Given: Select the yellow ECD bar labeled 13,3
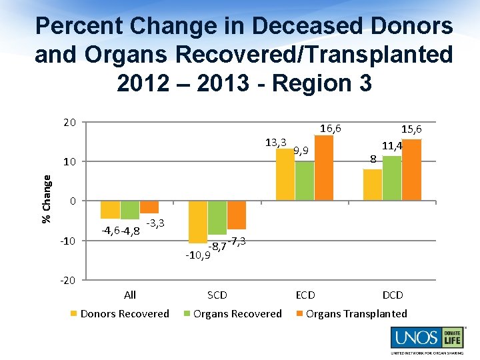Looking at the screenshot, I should (x=285, y=175).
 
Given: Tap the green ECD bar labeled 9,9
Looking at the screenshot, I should (x=305, y=181).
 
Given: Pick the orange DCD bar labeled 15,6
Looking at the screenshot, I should (x=411, y=170).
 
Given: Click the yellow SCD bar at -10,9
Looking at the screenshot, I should (x=198, y=222).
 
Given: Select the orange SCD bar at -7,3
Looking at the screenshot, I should (x=237, y=215).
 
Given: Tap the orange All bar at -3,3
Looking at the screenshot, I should (x=149, y=207).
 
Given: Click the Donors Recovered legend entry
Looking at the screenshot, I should (x=120, y=314).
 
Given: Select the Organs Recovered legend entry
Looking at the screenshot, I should (x=233, y=314).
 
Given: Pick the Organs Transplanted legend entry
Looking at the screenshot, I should (x=351, y=314).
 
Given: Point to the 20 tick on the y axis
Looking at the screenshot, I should (x=69, y=123).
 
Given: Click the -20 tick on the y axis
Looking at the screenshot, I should (x=67, y=280).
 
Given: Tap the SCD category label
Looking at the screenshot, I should (x=217, y=295).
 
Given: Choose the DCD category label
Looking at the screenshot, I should (x=393, y=295).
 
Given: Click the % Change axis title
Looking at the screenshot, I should (x=46, y=199).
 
